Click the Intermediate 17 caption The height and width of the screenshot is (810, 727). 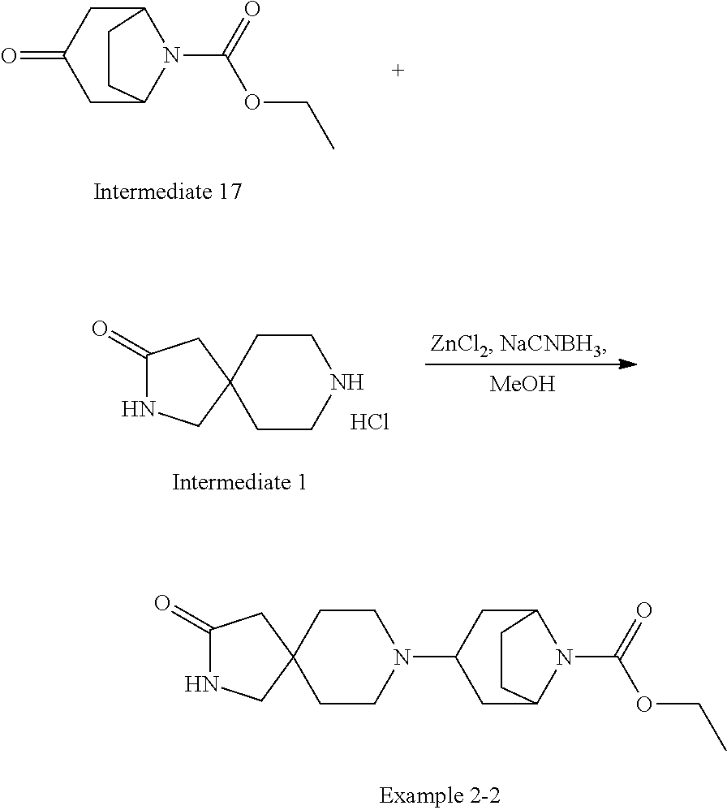tap(168, 192)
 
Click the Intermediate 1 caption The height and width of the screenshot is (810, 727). tap(239, 482)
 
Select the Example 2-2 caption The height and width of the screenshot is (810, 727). tap(440, 795)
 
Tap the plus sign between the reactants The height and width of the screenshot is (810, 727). tap(398, 70)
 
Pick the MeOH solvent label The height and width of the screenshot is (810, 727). tap(523, 385)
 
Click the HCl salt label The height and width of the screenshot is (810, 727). tap(370, 422)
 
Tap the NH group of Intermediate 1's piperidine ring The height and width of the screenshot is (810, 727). tap(347, 382)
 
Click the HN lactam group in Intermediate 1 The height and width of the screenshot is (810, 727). tap(139, 409)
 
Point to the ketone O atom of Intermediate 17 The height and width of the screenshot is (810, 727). tap(9, 55)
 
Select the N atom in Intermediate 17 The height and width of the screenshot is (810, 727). tap(172, 54)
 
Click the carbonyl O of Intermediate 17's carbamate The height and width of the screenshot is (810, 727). tap(252, 9)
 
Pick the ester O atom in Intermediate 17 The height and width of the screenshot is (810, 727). tap(252, 101)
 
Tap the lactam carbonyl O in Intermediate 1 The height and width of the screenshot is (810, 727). tap(100, 329)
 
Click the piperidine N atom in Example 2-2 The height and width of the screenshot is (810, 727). tap(402, 657)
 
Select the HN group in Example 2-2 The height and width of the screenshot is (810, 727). tap(202, 684)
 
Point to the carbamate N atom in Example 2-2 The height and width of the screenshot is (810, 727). tap(565, 657)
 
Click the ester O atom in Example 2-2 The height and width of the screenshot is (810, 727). tap(644, 704)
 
